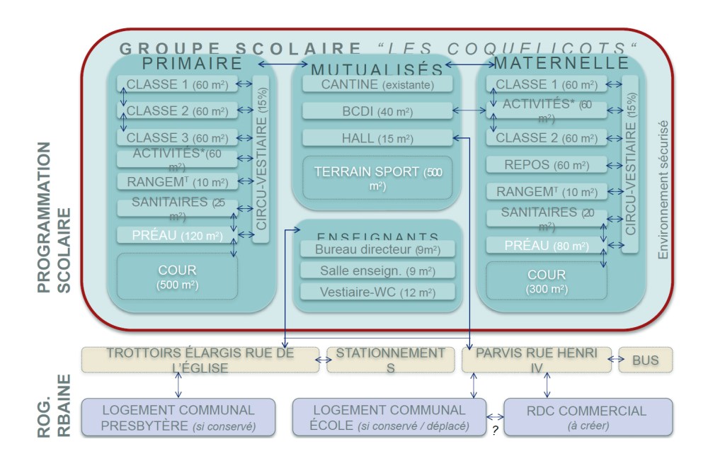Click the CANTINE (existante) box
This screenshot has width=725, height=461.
coord(377,85)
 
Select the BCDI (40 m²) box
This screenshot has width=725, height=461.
coord(377,111)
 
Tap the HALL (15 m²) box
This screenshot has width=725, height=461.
coord(377,138)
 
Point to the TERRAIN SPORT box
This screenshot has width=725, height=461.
coord(377,178)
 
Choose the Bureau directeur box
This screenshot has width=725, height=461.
coord(377,249)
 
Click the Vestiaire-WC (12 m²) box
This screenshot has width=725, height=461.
coord(377,292)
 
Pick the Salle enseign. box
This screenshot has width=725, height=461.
coord(377,271)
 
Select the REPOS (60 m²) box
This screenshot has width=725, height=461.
coord(547,165)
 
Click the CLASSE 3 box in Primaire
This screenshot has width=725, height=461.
coord(177,138)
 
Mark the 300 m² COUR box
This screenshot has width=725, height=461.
coord(547,280)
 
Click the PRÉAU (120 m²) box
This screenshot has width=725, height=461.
coord(177,236)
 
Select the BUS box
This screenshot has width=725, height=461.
coord(645,360)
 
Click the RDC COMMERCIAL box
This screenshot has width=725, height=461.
coord(588,417)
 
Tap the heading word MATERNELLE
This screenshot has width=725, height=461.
coord(561,63)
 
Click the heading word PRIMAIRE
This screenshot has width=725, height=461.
coord(192,64)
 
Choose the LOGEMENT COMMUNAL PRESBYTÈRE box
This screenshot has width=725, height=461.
coord(178,417)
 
